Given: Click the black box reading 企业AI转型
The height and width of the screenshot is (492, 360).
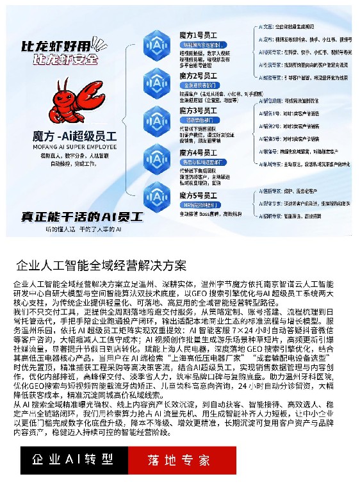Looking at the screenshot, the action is [x=73, y=459].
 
